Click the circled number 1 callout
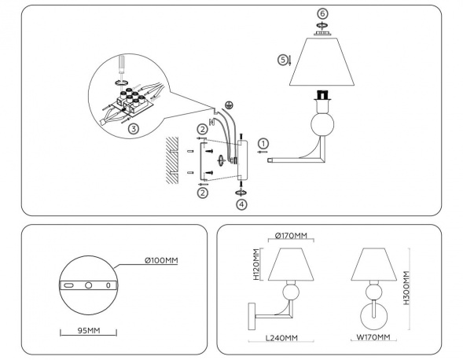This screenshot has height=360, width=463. click(x=263, y=143)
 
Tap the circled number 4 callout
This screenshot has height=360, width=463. click(x=241, y=204)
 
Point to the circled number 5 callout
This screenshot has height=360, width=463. click(x=282, y=60)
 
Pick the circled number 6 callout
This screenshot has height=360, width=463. click(x=322, y=14)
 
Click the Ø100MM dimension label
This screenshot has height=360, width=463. click(x=160, y=260)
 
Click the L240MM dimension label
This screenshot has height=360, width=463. click(x=281, y=338)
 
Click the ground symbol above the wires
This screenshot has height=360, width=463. click(x=230, y=105)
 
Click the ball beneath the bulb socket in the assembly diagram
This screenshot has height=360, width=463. click(x=321, y=126)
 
